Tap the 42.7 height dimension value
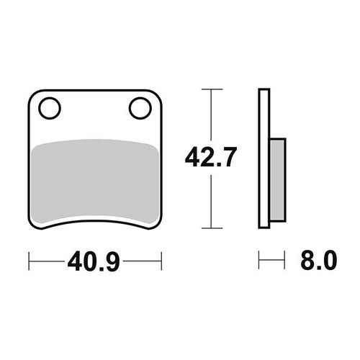coord(211,157)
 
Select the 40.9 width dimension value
coord(94,261)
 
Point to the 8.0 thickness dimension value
coord(319,260)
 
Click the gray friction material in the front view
coord(95,181)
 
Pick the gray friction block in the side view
coord(277,180)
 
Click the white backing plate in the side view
coord(264,158)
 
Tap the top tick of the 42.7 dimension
coord(212,89)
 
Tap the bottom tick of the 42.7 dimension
coord(212,228)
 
